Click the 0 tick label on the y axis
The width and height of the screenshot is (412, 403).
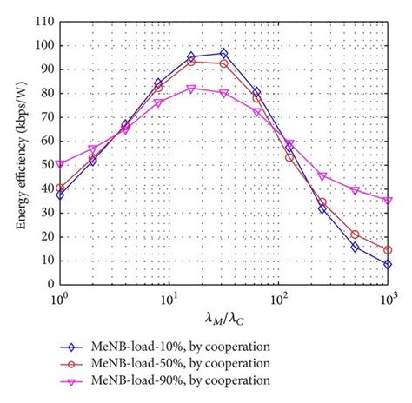point(47,284)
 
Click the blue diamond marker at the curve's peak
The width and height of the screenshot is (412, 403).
point(223,53)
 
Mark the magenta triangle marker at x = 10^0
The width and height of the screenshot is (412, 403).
point(59,163)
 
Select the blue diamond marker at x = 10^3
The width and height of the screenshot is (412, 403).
point(388,264)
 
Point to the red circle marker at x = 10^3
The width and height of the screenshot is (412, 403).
point(388,250)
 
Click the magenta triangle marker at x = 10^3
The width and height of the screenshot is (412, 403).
point(388,200)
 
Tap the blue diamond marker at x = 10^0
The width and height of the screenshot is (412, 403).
point(59,195)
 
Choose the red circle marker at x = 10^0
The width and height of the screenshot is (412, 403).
point(59,188)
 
